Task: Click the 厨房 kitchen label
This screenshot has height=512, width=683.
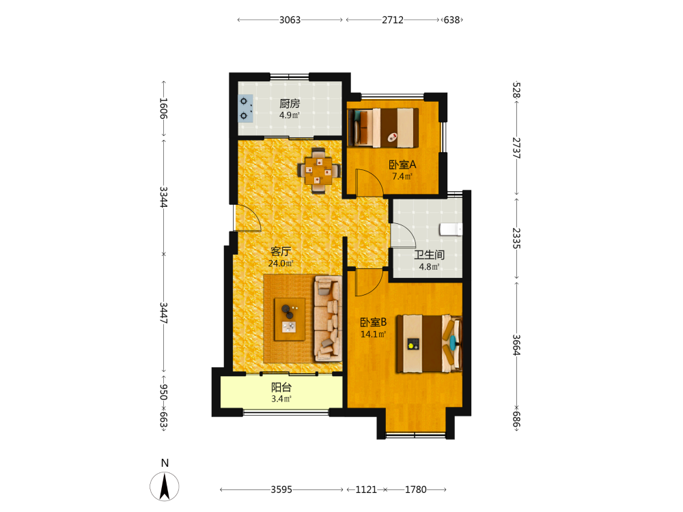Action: click(x=290, y=104)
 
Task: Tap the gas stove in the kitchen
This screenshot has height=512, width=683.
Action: click(x=245, y=108)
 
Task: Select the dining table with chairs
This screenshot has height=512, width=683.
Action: click(x=319, y=170)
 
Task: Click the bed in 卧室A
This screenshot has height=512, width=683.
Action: click(x=383, y=127)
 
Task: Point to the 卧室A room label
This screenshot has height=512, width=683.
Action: click(x=402, y=165)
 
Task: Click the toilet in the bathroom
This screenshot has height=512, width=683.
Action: click(x=451, y=229)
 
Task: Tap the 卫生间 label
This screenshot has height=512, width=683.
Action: click(x=429, y=255)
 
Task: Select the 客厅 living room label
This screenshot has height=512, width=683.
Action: click(x=281, y=251)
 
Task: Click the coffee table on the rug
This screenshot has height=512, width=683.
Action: click(x=290, y=319)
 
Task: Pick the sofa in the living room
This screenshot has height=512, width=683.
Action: click(x=328, y=319)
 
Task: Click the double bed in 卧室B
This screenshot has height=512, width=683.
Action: click(x=429, y=343)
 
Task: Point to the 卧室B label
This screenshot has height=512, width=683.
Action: click(x=374, y=322)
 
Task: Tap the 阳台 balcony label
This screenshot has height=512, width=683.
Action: click(x=281, y=387)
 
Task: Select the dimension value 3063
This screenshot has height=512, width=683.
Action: click(x=290, y=20)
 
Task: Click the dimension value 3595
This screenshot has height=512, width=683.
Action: click(x=281, y=489)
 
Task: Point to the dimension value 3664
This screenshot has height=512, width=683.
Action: click(x=516, y=345)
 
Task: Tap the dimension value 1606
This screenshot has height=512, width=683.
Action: click(x=163, y=109)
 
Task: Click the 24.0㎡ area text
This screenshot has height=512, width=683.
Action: click(x=281, y=264)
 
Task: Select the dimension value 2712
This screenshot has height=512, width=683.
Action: click(x=393, y=20)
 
